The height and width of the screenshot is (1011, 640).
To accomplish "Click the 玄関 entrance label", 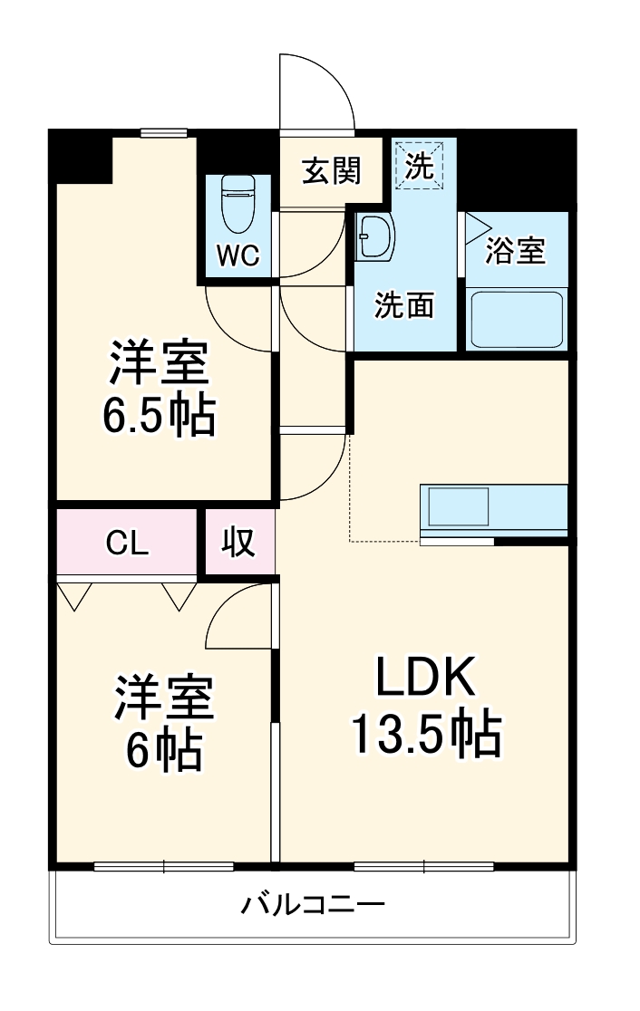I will [331, 170].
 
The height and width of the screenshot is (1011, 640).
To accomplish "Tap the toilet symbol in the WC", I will [240, 204].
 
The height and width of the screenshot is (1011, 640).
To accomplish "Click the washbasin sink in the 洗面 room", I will [374, 238].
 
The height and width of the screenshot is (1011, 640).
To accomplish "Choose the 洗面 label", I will [404, 306].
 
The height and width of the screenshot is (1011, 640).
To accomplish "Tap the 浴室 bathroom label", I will [516, 251].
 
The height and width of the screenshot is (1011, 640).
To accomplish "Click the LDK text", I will [425, 677].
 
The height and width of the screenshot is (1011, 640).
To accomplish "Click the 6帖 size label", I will [163, 749].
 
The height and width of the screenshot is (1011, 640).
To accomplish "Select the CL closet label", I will [127, 543].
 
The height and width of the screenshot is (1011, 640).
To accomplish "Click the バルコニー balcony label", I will [314, 904].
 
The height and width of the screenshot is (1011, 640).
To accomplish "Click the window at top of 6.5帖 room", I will [164, 133].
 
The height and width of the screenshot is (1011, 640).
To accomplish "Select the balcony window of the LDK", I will [424, 866].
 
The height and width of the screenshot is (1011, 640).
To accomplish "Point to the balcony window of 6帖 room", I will [163, 866].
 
